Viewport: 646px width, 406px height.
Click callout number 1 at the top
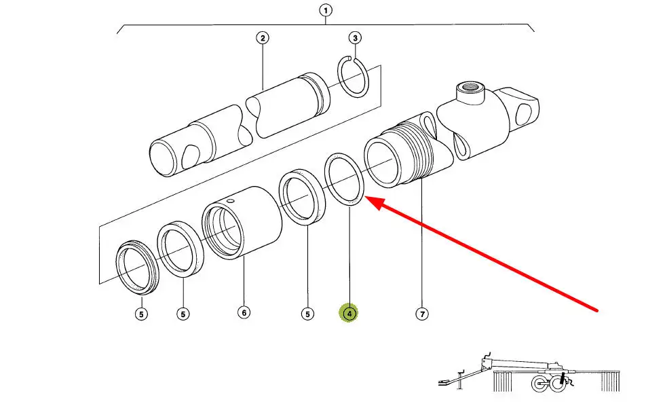pyautogui.click(x=326, y=11)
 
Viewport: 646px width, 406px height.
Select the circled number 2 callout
pyautogui.click(x=263, y=38)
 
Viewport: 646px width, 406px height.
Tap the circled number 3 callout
pyautogui.click(x=355, y=38)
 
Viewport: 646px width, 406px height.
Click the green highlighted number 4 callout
pyautogui.click(x=349, y=314)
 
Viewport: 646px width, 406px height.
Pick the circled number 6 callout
pyautogui.click(x=244, y=313)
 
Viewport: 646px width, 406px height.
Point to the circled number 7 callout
pyautogui.click(x=422, y=314)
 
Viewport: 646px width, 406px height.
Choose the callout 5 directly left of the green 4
pyautogui.click(x=307, y=314)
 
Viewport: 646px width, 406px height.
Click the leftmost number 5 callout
pyautogui.click(x=141, y=314)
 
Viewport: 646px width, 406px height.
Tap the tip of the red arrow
pyautogui.click(x=366, y=198)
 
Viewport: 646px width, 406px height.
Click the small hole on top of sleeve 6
pyautogui.click(x=230, y=201)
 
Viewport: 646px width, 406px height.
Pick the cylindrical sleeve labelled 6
pyautogui.click(x=242, y=223)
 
